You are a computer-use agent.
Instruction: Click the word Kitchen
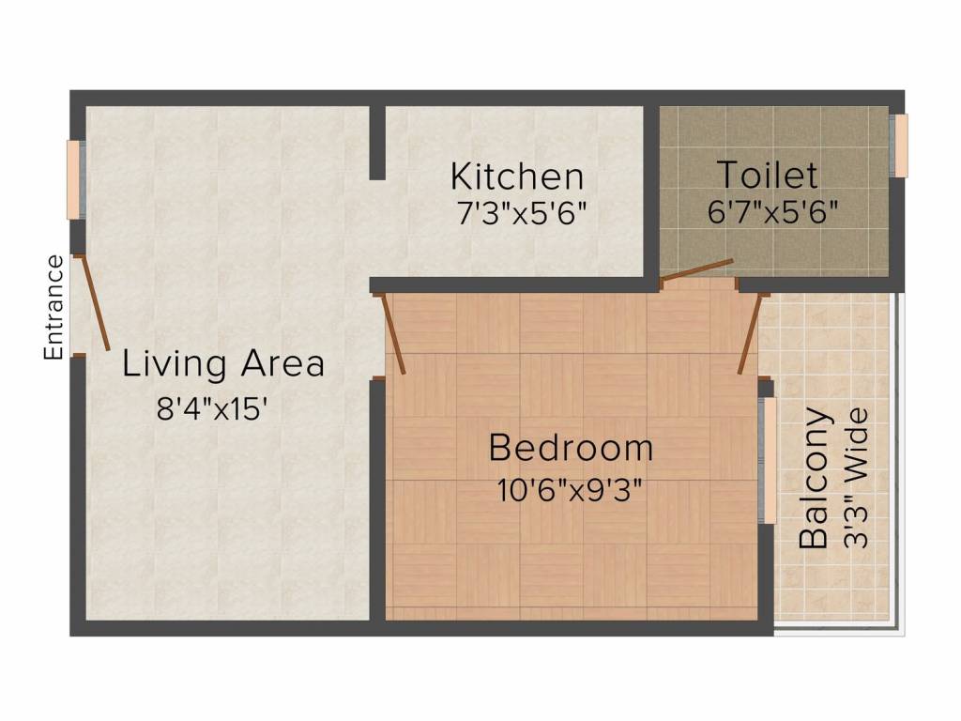tap(517, 176)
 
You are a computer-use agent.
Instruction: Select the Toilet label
tap(767, 175)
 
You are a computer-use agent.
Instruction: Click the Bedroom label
tap(571, 448)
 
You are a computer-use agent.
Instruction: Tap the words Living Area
tap(223, 363)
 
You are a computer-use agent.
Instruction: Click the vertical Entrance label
tap(54, 307)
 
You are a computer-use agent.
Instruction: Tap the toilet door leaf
tap(696, 269)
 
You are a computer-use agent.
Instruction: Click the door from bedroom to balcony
tap(748, 334)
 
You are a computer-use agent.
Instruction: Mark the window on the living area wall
tap(72, 180)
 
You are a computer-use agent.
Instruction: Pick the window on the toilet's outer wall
tap(901, 146)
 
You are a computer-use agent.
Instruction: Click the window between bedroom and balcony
tap(768, 460)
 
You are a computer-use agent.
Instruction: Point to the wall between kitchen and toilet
tap(650, 192)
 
